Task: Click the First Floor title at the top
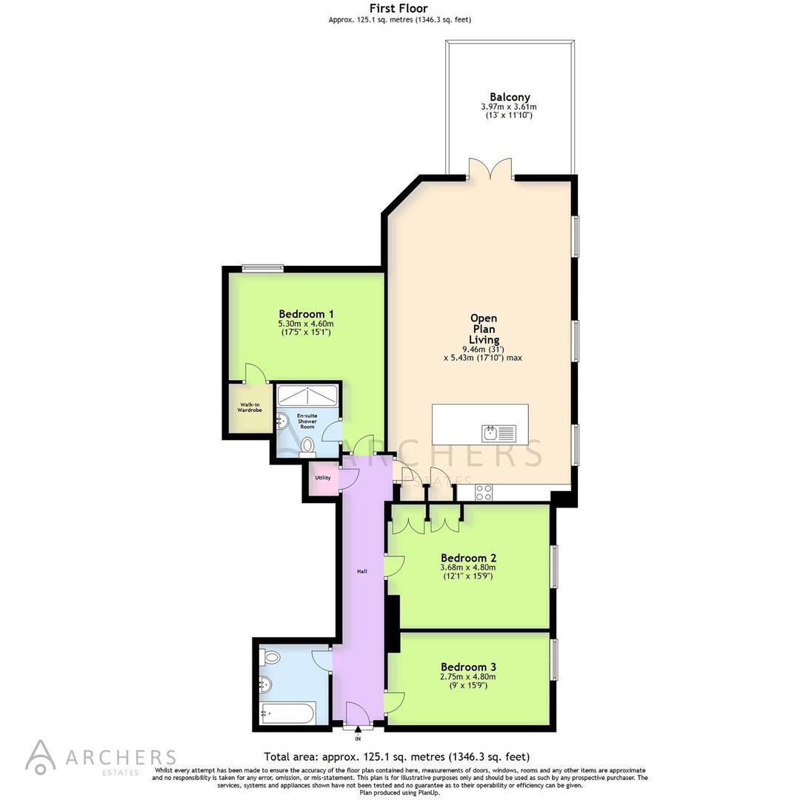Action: click(399, 9)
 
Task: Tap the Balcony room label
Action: click(510, 97)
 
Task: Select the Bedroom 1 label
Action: click(305, 313)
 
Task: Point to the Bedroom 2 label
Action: click(468, 558)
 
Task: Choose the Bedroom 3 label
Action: click(468, 667)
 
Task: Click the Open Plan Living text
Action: click(484, 329)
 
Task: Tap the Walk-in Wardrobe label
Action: click(250, 407)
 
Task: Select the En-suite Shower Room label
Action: click(307, 421)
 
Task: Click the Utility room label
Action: click(323, 478)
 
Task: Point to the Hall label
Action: click(362, 571)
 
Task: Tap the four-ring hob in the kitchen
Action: click(484, 491)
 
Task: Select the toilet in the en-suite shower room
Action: click(308, 445)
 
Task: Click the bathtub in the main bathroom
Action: click(288, 713)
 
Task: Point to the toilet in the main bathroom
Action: click(270, 656)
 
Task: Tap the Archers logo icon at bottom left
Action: click(40, 756)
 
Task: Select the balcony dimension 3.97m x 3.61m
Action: click(510, 107)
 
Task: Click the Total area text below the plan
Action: click(397, 757)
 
